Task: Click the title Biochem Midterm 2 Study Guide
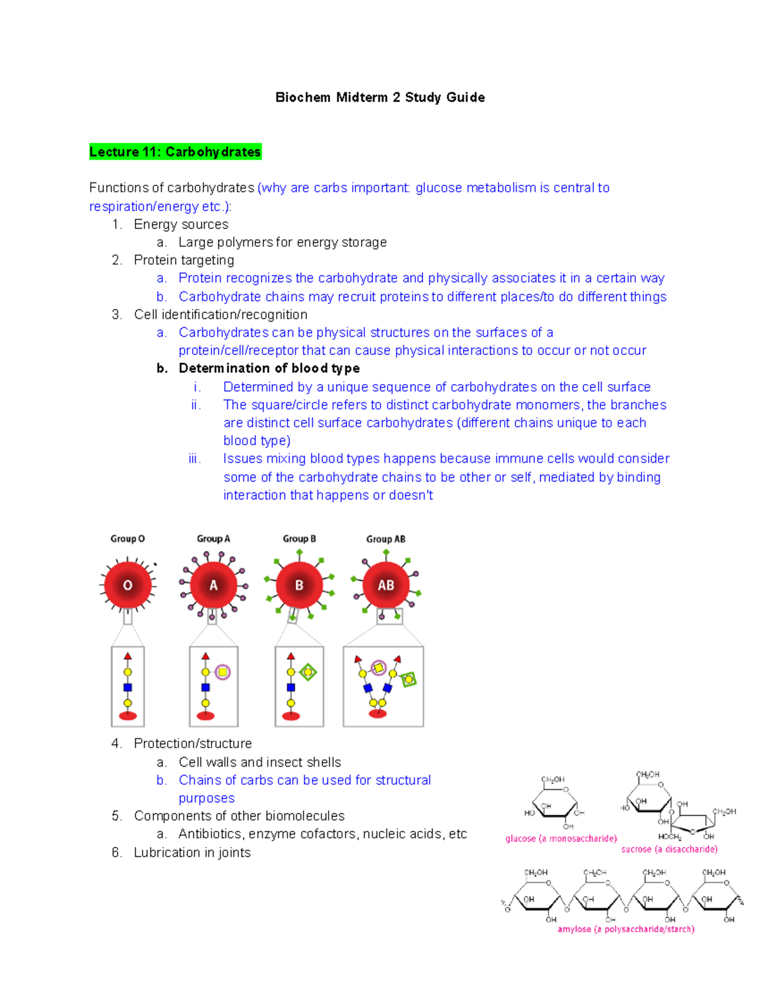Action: (x=380, y=97)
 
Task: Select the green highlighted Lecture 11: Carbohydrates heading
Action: (x=175, y=152)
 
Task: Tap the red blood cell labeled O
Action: (x=127, y=585)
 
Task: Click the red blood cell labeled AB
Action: (x=386, y=585)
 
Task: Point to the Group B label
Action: (x=299, y=539)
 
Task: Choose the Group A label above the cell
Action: (x=213, y=539)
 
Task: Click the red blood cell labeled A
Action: (x=213, y=585)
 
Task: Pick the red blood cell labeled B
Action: (x=299, y=585)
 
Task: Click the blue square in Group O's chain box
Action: (x=127, y=687)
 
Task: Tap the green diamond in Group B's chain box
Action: (x=308, y=672)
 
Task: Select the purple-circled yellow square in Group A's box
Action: (x=222, y=672)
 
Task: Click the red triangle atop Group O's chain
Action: (x=127, y=656)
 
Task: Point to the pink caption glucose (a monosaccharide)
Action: (x=561, y=839)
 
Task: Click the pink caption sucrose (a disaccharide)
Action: (x=669, y=849)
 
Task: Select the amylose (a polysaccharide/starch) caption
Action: (x=626, y=929)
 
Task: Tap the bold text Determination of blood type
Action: (x=269, y=368)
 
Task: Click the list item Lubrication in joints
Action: (x=192, y=853)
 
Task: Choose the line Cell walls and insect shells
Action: (x=260, y=762)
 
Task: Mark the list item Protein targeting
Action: (x=184, y=260)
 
